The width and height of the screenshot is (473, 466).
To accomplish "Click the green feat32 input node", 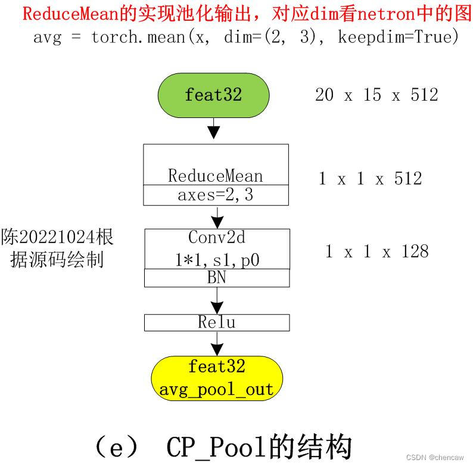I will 213,95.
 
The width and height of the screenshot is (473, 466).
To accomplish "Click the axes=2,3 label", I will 216,195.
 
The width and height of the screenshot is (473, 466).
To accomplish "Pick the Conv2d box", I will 216,248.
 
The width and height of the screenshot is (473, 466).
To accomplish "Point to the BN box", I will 216,278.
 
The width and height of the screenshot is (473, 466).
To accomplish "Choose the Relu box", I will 216,322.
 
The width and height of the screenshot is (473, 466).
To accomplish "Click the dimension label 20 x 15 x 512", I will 376,95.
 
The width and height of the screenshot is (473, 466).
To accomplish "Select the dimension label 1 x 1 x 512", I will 370,178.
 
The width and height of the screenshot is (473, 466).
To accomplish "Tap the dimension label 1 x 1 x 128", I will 376,251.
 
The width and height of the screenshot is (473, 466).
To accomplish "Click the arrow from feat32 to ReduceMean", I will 213,127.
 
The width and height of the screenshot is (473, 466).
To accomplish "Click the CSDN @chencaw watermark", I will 435,457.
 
